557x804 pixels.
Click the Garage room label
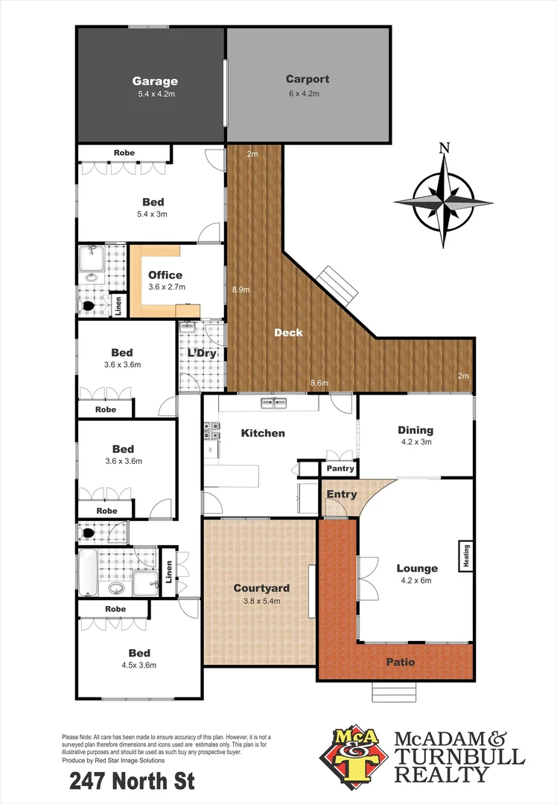coord(155,81)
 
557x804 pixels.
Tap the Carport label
coord(307,79)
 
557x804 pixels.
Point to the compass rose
coord(443,201)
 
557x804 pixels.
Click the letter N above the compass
coord(445,147)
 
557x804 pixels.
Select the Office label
coord(165,275)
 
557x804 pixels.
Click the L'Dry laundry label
coord(201,353)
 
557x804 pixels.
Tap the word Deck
coord(288,333)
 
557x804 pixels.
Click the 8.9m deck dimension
coord(240,290)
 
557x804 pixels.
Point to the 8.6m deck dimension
coord(319,383)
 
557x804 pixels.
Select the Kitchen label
coord(263,433)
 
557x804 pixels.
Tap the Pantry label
coord(340,469)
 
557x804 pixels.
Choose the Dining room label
coord(415,430)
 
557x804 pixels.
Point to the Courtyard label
coord(261,588)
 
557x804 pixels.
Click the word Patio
coord(400,662)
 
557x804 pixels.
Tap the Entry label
coord(342,494)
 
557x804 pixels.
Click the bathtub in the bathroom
coord(89,572)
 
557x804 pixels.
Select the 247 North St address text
coord(132,782)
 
